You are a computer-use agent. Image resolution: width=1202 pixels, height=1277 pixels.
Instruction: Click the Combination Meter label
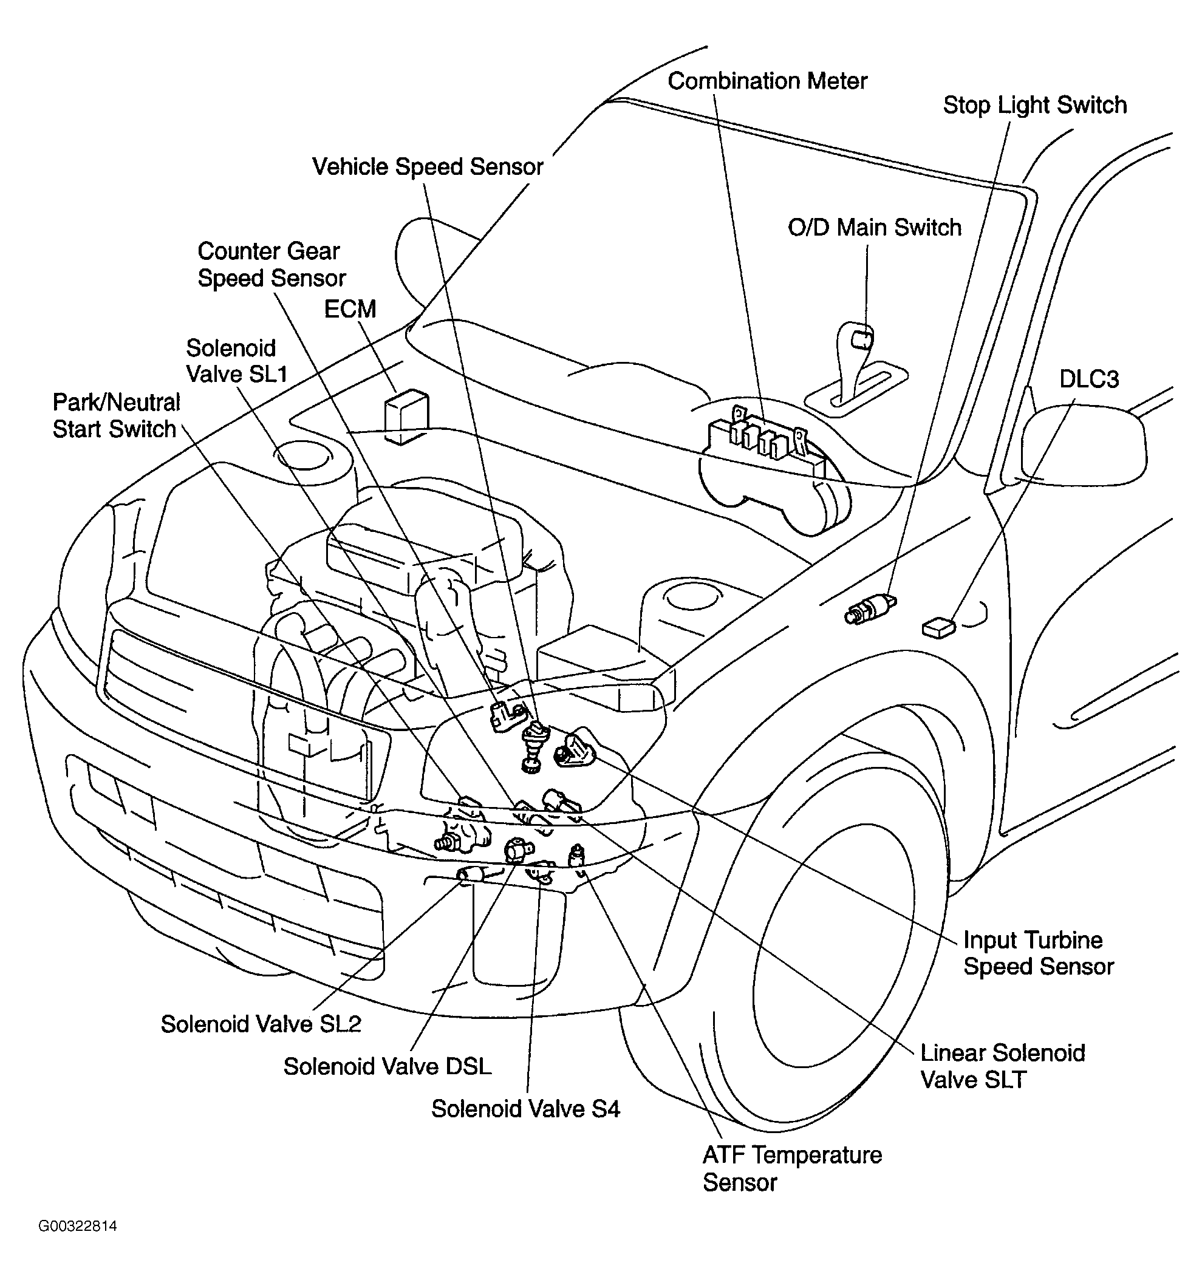pyautogui.click(x=767, y=81)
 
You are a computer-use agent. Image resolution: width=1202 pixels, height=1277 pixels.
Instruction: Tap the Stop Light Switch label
pyautogui.click(x=1034, y=105)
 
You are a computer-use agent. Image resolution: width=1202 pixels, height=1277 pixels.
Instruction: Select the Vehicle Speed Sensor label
pyautogui.click(x=427, y=167)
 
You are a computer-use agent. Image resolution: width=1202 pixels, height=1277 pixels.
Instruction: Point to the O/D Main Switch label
pyautogui.click(x=875, y=227)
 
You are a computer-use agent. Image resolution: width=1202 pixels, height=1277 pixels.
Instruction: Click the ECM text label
pyautogui.click(x=349, y=309)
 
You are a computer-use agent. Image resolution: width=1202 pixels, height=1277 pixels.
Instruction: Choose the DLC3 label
pyautogui.click(x=1089, y=379)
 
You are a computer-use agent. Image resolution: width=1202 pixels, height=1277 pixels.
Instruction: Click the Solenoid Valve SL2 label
pyautogui.click(x=261, y=1024)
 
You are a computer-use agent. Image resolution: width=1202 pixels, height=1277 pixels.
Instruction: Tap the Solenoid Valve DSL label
pyautogui.click(x=388, y=1066)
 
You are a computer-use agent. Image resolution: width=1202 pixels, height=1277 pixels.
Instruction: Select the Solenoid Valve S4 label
pyautogui.click(x=525, y=1109)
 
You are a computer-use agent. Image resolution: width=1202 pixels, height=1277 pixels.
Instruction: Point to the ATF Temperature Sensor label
pyautogui.click(x=792, y=1168)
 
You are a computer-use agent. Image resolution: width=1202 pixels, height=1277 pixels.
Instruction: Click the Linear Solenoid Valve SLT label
pyautogui.click(x=1002, y=1066)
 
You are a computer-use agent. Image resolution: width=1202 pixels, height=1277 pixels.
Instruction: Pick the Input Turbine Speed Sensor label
pyautogui.click(x=1038, y=953)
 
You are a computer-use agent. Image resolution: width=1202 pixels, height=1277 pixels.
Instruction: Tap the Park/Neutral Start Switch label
pyautogui.click(x=115, y=415)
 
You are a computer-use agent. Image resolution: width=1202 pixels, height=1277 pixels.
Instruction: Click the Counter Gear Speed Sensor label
pyautogui.click(x=271, y=265)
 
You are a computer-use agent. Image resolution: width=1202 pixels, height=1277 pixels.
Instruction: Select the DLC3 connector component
pyautogui.click(x=938, y=627)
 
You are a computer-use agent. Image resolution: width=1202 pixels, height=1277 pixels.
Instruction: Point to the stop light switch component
pyautogui.click(x=870, y=609)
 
